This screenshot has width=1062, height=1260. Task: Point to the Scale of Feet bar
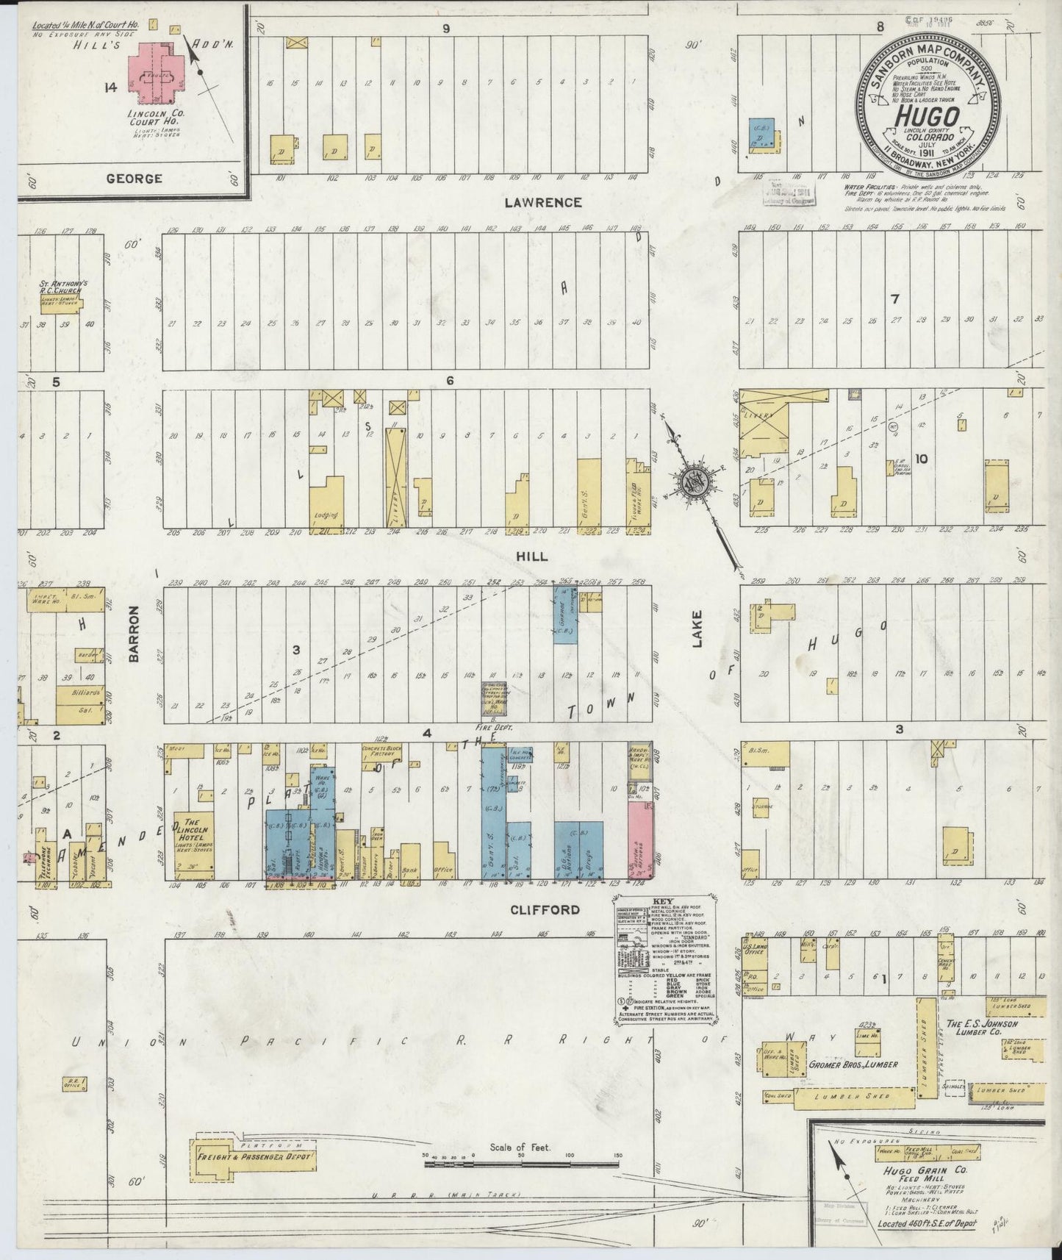(x=522, y=1160)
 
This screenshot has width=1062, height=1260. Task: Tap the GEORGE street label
(x=134, y=178)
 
